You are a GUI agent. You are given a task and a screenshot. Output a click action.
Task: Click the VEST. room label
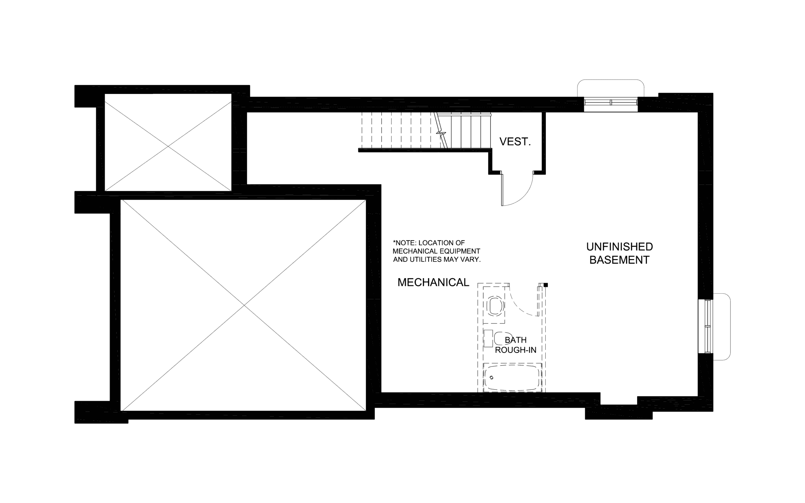pos(515,142)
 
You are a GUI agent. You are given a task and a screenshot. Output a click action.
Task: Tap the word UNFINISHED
pos(619,247)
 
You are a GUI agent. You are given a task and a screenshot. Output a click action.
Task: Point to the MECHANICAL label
pos(433,282)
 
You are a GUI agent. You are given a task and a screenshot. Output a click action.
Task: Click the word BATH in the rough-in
pos(516,340)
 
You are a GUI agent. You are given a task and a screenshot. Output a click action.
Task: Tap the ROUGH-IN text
pos(516,350)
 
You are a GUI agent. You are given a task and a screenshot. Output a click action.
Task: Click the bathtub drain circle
pos(491,378)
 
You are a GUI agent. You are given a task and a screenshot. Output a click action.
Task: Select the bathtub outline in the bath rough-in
pos(512,377)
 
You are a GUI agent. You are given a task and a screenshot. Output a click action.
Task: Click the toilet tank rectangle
pos(488,339)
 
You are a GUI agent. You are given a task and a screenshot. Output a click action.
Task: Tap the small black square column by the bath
pos(546,285)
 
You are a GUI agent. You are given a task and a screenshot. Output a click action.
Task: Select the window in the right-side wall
pos(708,326)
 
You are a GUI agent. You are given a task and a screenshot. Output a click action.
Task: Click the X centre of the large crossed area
pos(244,305)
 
